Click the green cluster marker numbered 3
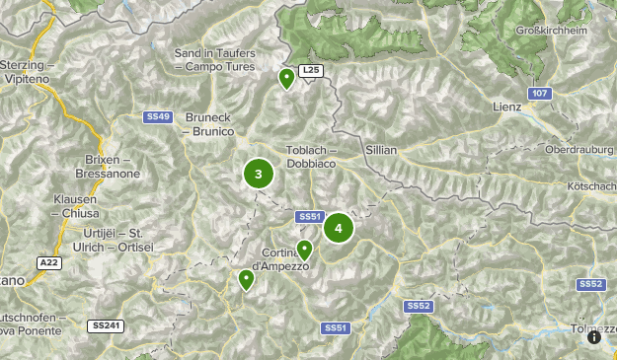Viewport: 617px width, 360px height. pos(259,175)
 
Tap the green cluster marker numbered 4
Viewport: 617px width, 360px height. pos(339,229)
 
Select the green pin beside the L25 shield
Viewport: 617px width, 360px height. pos(287,78)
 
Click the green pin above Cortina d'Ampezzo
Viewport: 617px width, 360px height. pos(305,250)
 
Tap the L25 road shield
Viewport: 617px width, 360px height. pos(311,71)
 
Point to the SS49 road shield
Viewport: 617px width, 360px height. pos(158,116)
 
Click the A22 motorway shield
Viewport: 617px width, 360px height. pos(49,262)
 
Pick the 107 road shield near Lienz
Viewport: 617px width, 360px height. pos(537,94)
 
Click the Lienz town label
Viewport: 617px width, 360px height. pos(506,106)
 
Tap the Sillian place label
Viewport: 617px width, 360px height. pos(381,149)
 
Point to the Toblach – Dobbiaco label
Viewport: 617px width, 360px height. pos(312,156)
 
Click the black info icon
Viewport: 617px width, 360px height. pos(594,337)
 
